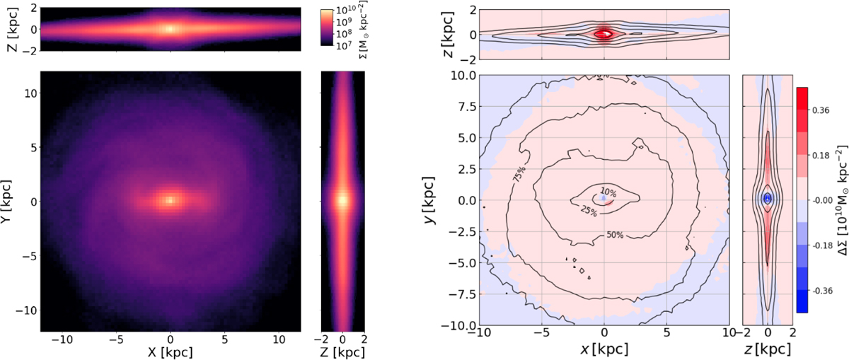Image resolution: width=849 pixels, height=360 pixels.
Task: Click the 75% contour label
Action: (x=519, y=175)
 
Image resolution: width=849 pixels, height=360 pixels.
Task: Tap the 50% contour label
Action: (x=614, y=235)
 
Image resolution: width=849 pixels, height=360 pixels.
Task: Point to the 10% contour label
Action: (x=608, y=192)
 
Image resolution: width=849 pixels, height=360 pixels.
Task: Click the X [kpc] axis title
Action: (x=170, y=352)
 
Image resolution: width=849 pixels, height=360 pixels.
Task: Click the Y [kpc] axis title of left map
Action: (x=6, y=202)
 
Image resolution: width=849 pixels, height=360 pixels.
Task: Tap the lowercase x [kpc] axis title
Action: (x=604, y=349)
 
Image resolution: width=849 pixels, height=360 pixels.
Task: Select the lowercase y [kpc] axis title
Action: (x=430, y=200)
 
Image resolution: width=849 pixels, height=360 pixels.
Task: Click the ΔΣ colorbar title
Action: (x=841, y=199)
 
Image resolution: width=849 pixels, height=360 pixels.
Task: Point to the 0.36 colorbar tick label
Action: (x=820, y=110)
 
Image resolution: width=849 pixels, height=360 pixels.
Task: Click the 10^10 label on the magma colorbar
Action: (x=345, y=10)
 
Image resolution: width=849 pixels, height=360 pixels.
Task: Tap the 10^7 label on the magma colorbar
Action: (x=344, y=46)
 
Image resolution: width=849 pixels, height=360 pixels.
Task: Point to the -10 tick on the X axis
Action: (x=62, y=339)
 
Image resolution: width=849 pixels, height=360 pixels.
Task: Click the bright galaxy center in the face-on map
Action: (x=171, y=199)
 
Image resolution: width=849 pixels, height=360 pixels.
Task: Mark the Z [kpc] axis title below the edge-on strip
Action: (x=342, y=352)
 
